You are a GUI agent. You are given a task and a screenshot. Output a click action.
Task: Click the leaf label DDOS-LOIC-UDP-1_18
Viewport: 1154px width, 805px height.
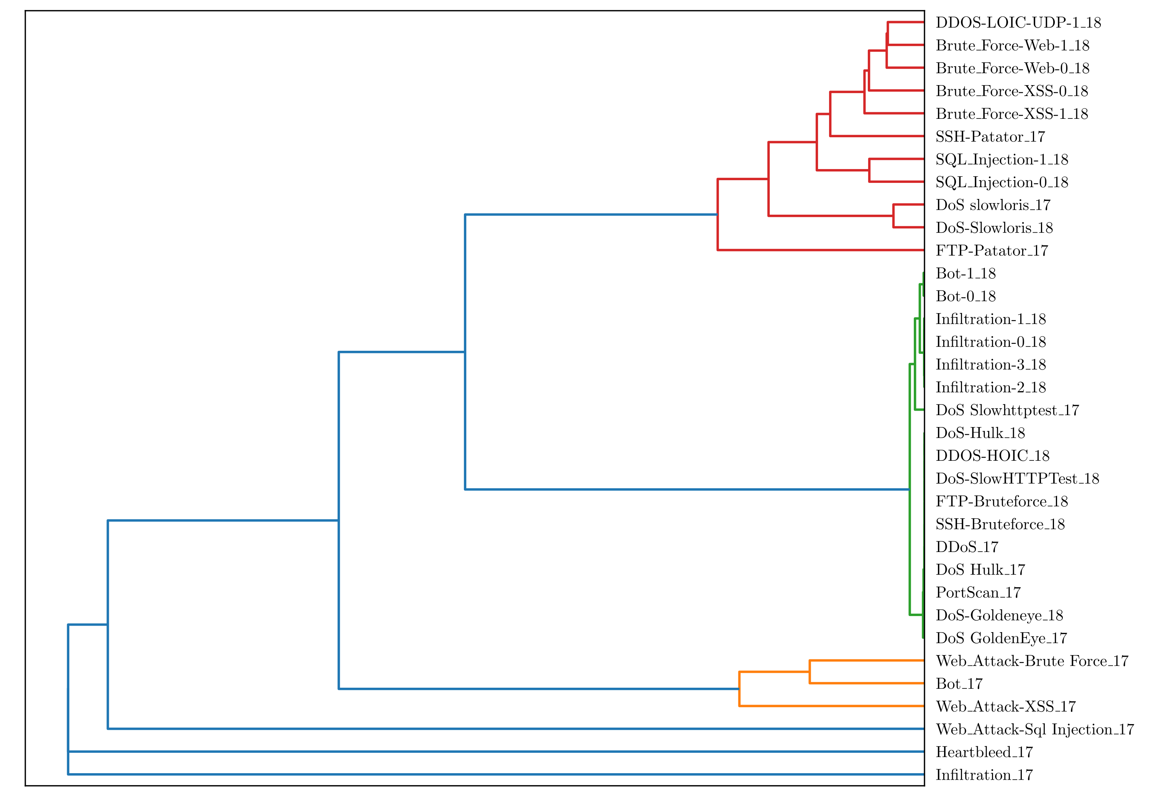pos(1018,23)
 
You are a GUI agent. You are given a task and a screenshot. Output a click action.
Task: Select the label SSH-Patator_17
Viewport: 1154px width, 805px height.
pos(990,137)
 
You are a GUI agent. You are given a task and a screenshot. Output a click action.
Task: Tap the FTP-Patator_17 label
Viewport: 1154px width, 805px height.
pos(992,250)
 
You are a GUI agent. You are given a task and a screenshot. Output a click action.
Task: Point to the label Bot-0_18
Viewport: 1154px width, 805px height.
pos(965,296)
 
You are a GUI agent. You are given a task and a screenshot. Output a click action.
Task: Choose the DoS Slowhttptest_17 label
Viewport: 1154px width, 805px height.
pos(1007,410)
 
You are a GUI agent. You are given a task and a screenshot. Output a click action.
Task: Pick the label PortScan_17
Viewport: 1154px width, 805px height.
pos(978,592)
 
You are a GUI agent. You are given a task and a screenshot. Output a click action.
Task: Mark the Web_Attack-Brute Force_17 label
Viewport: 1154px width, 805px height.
pos(1032,661)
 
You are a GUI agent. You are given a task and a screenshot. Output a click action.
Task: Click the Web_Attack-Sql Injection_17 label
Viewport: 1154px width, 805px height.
pos(1035,729)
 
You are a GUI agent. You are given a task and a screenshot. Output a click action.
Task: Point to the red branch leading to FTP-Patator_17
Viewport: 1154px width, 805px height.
pos(819,250)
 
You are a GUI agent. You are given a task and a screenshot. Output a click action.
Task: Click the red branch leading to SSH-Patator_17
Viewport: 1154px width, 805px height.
pos(877,136)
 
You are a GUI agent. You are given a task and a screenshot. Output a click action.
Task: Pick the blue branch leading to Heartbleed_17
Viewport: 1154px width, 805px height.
pos(493,752)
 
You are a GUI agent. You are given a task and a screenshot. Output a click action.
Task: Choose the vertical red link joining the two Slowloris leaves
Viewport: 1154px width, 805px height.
pos(893,216)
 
